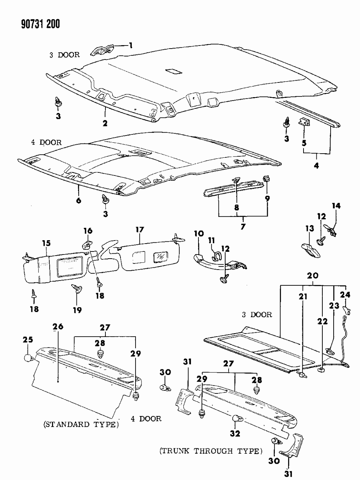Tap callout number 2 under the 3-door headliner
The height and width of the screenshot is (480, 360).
105,123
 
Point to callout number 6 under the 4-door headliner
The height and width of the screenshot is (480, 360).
78,201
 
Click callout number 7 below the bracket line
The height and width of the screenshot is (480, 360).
243,227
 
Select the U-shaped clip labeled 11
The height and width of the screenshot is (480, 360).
217,256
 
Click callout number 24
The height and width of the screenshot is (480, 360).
345,294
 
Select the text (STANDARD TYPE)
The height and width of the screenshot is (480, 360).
81,425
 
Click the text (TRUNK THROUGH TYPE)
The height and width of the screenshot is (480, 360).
210,451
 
